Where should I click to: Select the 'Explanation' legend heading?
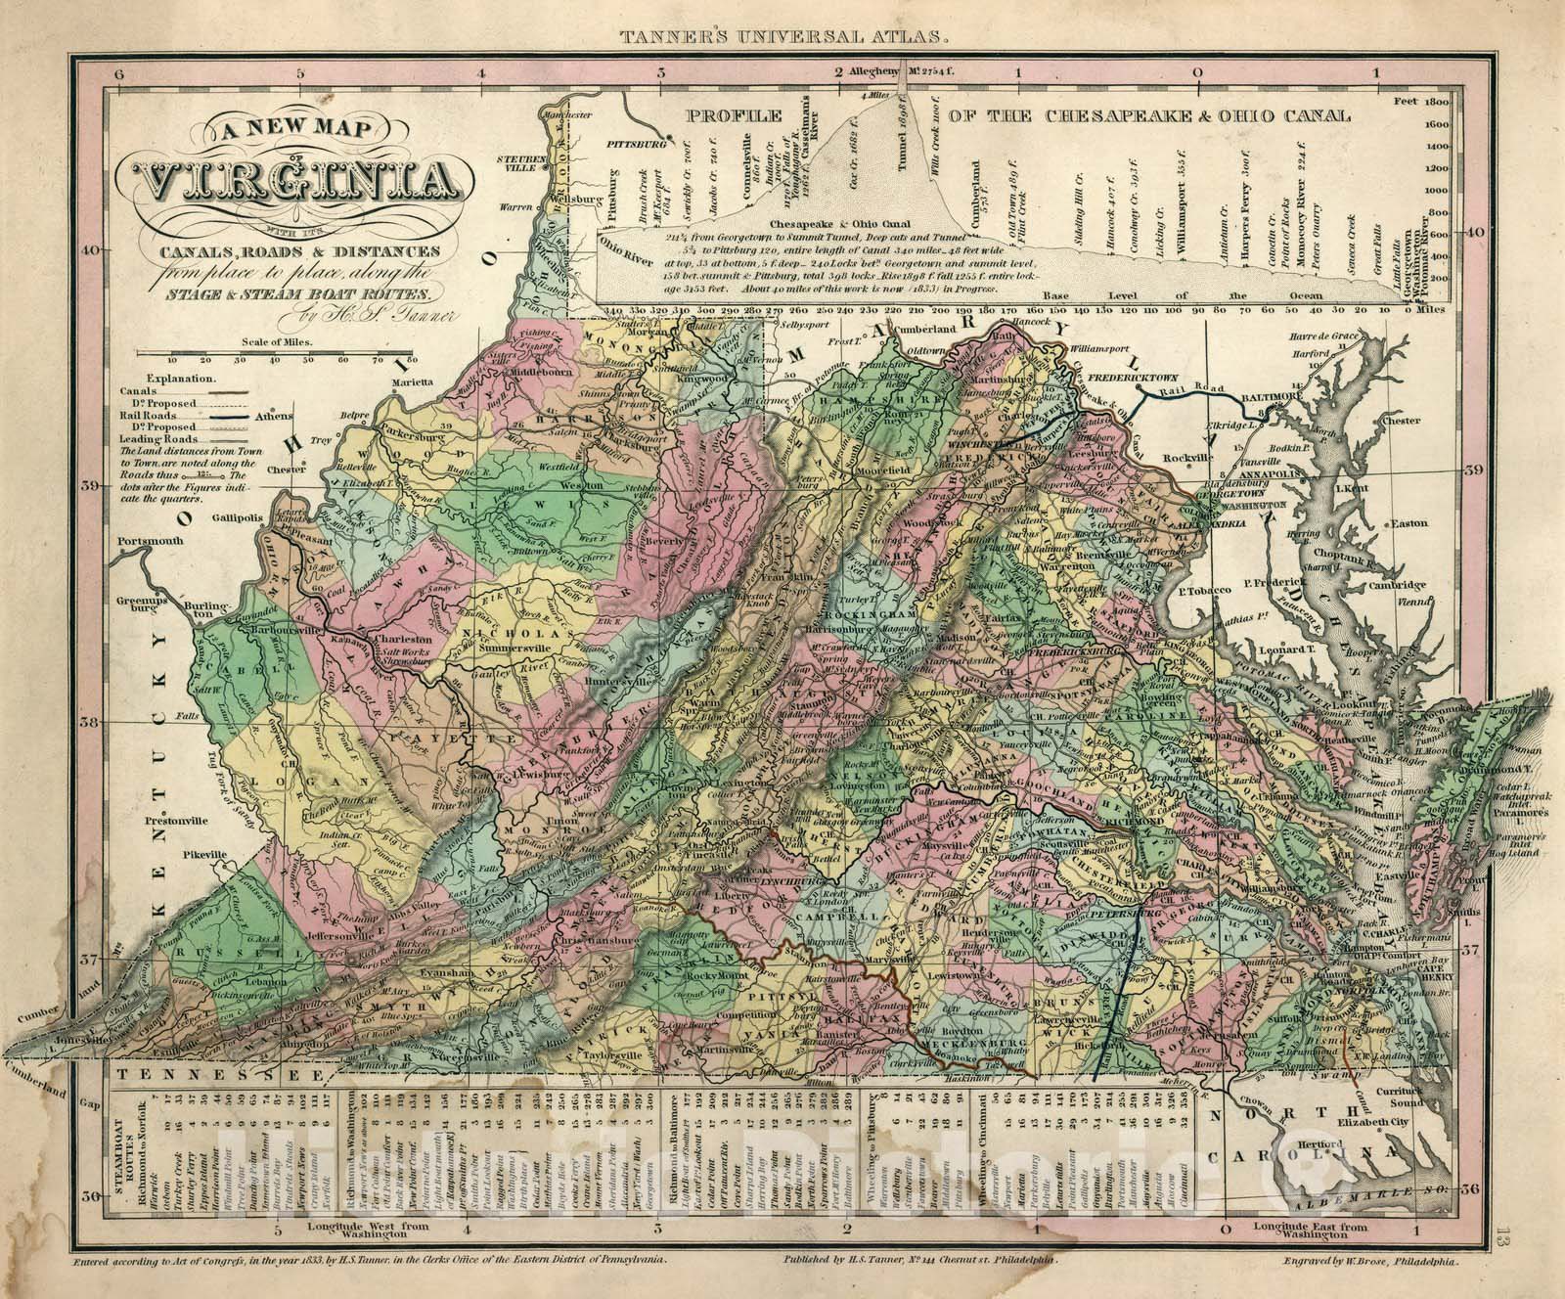coord(183,375)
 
